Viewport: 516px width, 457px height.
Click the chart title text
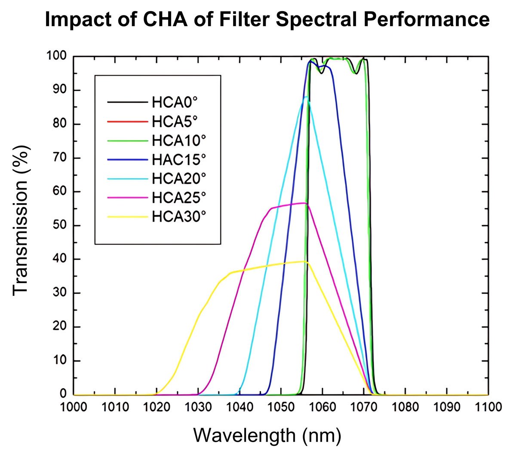point(267,20)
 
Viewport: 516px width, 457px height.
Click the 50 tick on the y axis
point(60,225)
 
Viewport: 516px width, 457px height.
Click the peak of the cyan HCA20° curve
point(306,97)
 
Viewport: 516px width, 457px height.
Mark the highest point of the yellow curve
point(304,261)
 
